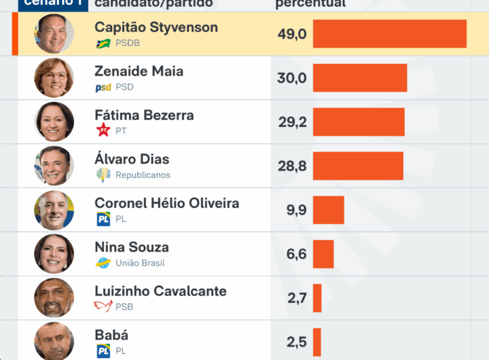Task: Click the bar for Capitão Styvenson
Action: (389, 34)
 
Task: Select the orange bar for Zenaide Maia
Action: (359, 78)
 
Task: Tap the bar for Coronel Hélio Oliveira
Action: (328, 210)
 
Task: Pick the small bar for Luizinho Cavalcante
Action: (317, 298)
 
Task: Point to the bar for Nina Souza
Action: (323, 254)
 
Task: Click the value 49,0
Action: (292, 34)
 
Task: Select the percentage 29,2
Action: (292, 122)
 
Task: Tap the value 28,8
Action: (292, 166)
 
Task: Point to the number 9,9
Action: (297, 210)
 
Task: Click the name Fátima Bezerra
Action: (144, 115)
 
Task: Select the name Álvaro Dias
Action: (132, 159)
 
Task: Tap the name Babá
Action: (111, 335)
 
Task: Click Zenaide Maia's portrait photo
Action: (54, 77)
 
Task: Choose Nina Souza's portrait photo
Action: (54, 254)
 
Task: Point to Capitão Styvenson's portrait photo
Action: (54, 34)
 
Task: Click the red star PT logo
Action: (103, 130)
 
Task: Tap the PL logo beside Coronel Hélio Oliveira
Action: (103, 219)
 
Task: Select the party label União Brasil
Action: (140, 263)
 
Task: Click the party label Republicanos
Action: (143, 175)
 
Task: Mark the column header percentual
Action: (310, 3)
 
